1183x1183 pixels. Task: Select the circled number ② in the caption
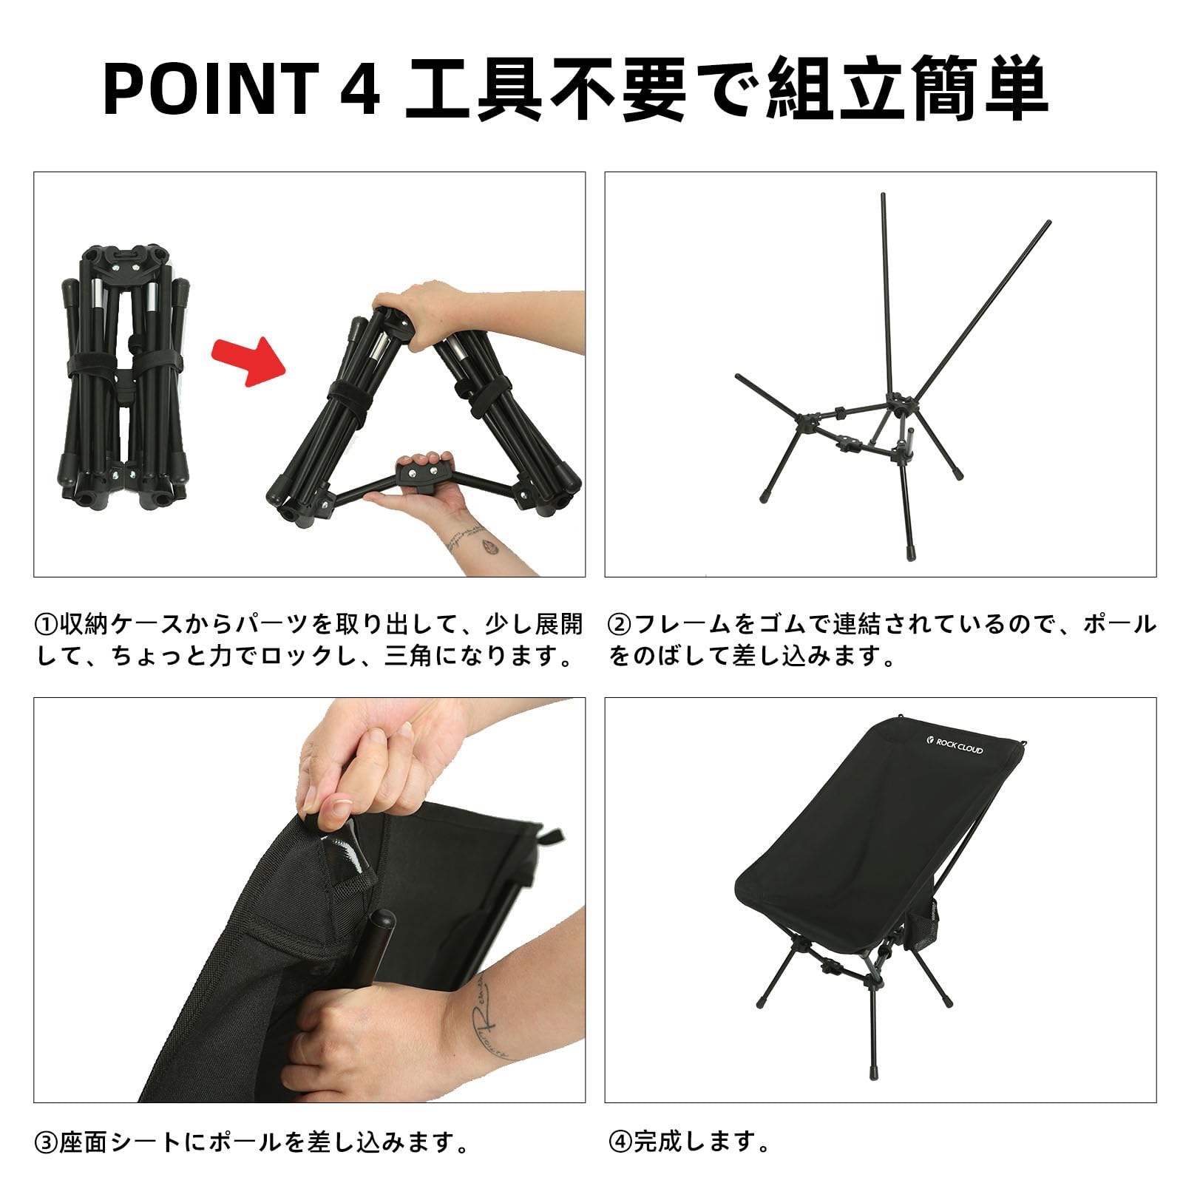click(x=619, y=626)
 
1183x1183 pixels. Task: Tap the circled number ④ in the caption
click(x=619, y=1144)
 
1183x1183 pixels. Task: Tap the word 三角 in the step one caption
click(x=409, y=657)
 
